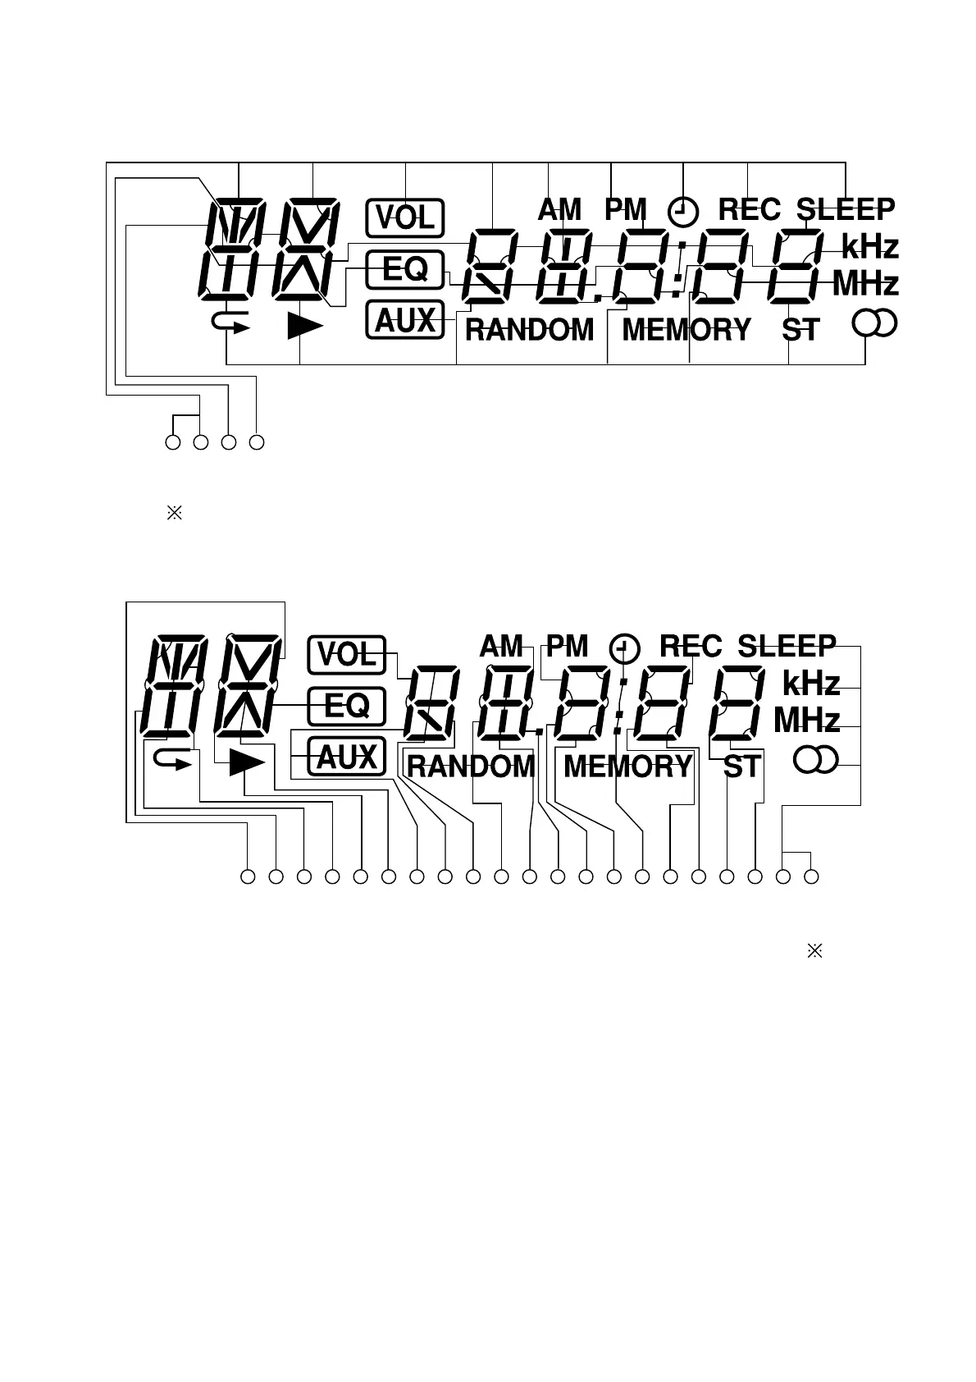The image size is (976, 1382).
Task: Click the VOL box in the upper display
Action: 404,218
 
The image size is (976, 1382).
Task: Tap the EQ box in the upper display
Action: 404,269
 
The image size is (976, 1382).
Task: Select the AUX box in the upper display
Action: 404,320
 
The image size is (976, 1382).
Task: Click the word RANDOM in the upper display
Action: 529,330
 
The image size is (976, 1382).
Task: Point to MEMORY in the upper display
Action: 686,330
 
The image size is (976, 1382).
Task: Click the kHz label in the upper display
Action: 869,246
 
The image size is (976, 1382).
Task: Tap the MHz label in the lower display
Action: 807,721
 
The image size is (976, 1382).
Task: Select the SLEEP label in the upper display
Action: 845,210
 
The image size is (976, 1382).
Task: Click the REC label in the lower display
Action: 691,647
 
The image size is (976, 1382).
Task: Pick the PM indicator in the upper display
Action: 625,210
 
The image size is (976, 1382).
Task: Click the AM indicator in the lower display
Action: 501,647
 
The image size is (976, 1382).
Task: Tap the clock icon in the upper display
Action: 683,213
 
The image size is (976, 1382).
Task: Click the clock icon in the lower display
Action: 625,649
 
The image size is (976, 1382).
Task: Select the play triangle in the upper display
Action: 304,327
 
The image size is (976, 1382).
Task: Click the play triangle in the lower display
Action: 246,763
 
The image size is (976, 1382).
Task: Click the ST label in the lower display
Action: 741,767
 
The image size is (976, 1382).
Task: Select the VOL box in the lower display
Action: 346,655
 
